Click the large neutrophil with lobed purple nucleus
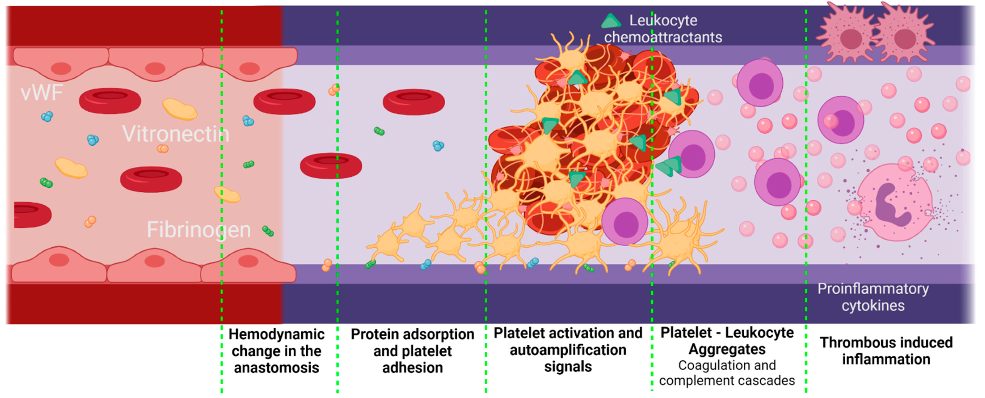tap(895, 203)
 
